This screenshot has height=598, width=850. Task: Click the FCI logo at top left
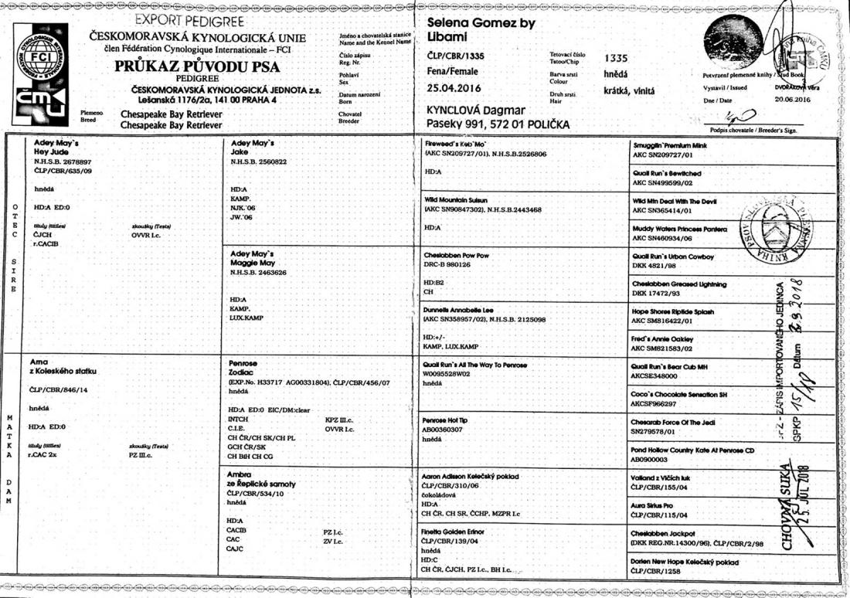coord(40,56)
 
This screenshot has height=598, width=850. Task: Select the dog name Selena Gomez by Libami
coord(480,30)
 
